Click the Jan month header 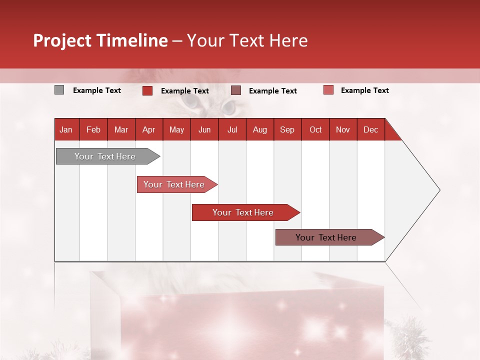coord(66,130)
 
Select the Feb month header coord(93,130)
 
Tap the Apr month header coord(148,130)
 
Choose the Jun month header coord(204,130)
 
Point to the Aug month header coord(259,130)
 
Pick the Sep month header coord(287,130)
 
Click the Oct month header coord(315,130)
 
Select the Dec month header coord(370,130)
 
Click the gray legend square coord(59,90)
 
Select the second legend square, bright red coord(147,90)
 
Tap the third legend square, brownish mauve coord(236,90)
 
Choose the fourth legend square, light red coord(328,90)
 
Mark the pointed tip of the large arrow coord(439,190)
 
